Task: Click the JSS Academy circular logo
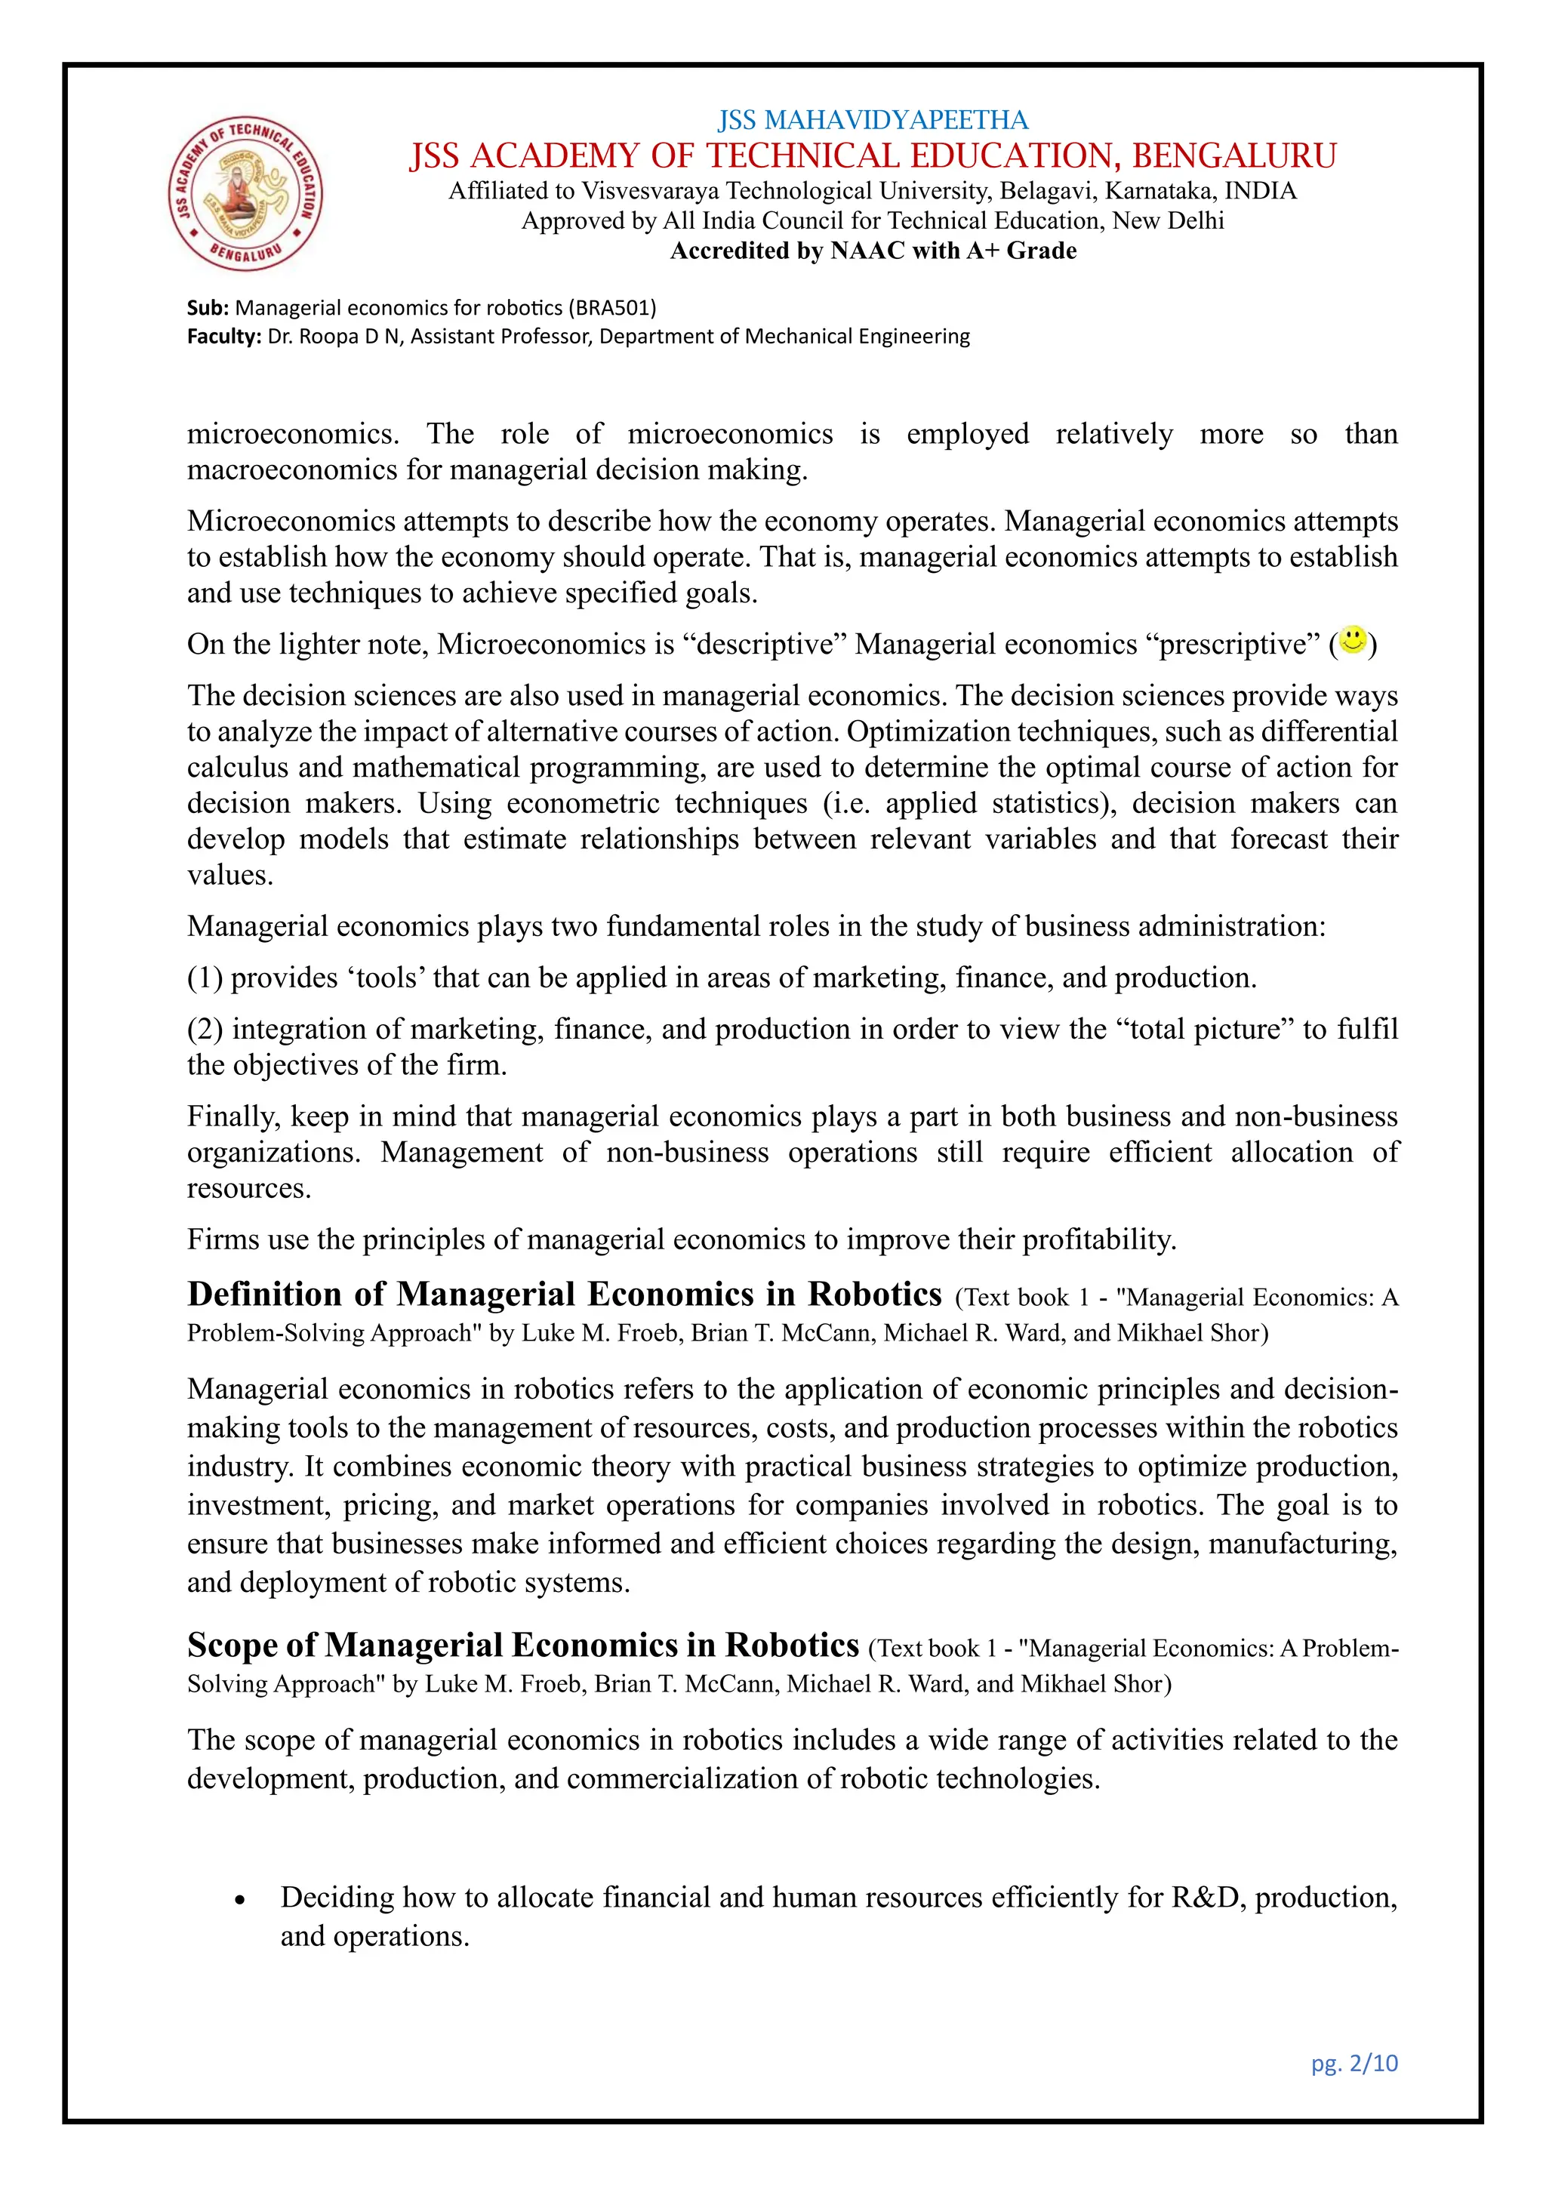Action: tap(245, 196)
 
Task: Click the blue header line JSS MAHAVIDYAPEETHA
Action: tap(872, 120)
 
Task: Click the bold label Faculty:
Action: tap(223, 336)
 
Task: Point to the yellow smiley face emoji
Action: tap(1352, 640)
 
